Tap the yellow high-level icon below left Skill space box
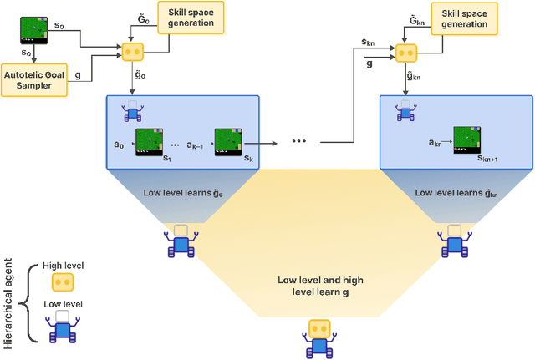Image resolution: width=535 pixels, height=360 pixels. pos(133,51)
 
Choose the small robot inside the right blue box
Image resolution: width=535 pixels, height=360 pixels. pos(405,110)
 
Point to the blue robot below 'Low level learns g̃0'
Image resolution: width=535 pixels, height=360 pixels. pos(180,241)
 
